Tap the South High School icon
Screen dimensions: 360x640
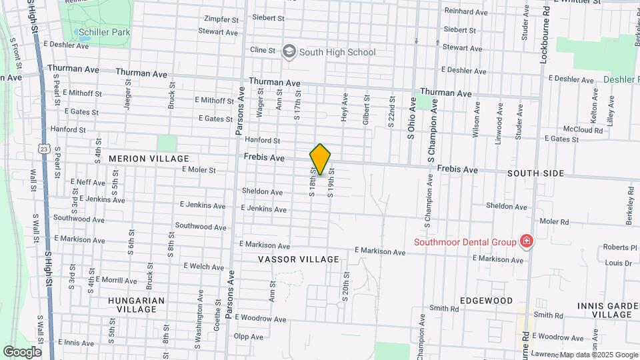tap(289, 52)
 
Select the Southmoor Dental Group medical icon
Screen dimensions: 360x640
tap(527, 241)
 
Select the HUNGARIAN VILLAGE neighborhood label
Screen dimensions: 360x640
tap(136, 305)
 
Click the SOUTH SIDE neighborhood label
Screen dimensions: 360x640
tap(535, 173)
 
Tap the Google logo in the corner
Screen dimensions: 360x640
tap(22, 351)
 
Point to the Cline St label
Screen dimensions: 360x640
tap(262, 50)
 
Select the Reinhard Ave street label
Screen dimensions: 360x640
tap(466, 12)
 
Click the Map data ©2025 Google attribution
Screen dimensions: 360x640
tap(599, 355)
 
